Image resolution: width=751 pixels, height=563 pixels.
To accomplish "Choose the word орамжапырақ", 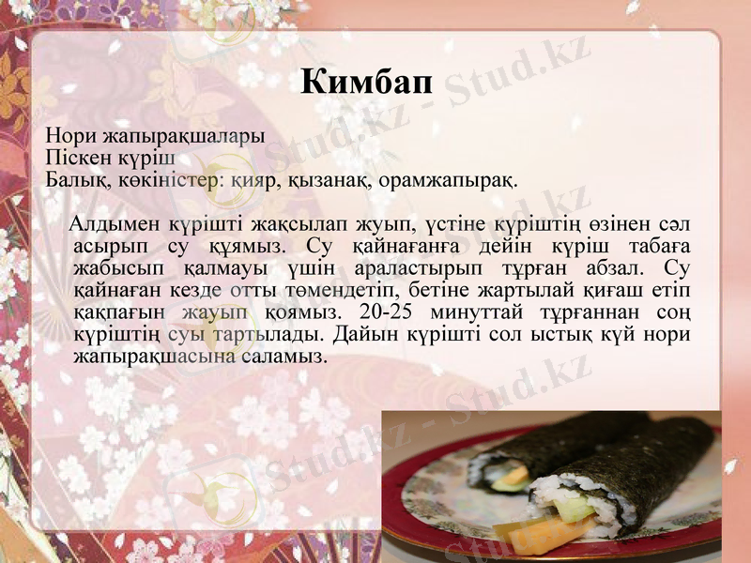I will (x=444, y=179).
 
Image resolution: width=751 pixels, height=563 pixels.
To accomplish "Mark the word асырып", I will (x=105, y=247).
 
